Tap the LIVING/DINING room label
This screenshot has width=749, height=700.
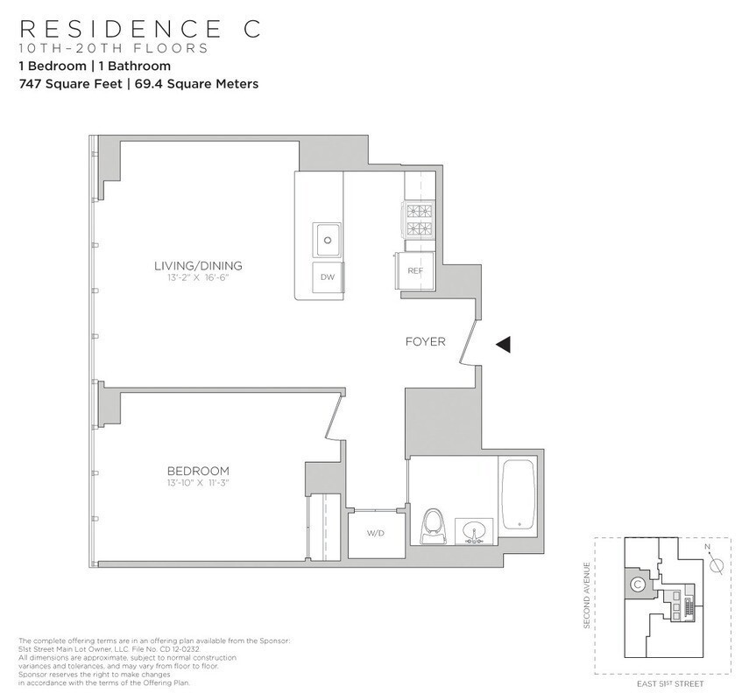tap(198, 266)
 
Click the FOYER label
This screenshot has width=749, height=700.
tap(425, 341)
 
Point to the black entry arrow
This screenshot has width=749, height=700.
tap(503, 345)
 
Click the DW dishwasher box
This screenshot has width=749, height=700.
tap(328, 277)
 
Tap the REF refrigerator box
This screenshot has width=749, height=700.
tap(415, 270)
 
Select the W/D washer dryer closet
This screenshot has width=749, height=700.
tap(376, 532)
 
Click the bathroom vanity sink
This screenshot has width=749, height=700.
tap(474, 531)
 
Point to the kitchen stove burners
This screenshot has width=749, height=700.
tap(418, 220)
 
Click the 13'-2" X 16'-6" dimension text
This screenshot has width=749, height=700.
tap(198, 278)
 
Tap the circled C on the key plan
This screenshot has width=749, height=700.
tap(639, 584)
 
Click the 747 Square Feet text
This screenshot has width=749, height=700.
tap(70, 85)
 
